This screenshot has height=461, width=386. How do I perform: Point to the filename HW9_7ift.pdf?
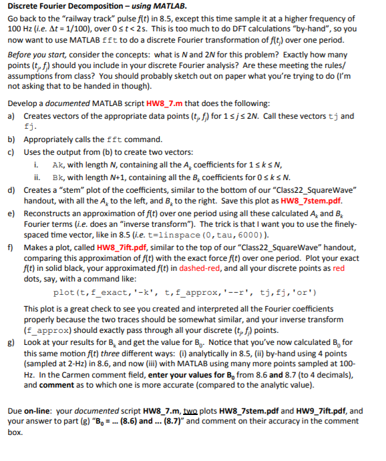click(319, 412)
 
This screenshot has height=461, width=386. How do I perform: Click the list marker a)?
click(11, 116)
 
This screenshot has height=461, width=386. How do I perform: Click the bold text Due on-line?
click(31, 412)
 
